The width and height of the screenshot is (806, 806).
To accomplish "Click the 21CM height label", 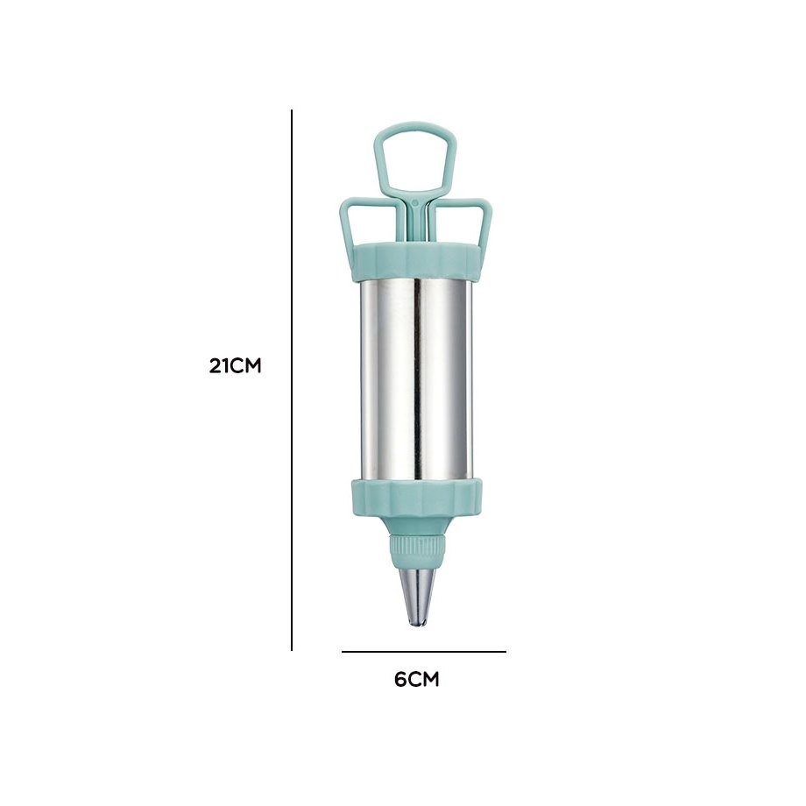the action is (x=235, y=366).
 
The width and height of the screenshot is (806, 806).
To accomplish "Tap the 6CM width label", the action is (x=416, y=680).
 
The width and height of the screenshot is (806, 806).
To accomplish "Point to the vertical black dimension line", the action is (x=292, y=380).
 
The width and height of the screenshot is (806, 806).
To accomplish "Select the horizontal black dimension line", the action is (x=423, y=652).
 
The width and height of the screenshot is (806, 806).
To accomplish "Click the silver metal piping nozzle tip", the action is (x=417, y=597).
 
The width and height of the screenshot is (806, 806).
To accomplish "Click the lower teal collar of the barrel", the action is (x=417, y=498).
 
